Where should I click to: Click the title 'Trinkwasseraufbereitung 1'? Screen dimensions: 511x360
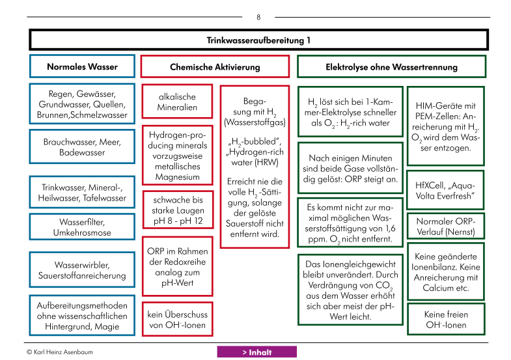[x=258, y=40]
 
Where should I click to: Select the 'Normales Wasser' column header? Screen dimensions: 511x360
[x=82, y=66]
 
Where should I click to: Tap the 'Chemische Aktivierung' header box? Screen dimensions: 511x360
[x=215, y=67]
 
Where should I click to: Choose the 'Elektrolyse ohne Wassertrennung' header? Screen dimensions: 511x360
[x=391, y=67]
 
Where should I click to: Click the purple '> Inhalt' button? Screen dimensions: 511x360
[x=257, y=352]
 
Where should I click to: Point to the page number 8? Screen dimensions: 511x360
[x=258, y=18]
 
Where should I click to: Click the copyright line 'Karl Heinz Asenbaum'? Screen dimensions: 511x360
[x=63, y=352]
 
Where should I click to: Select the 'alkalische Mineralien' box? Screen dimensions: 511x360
[x=177, y=102]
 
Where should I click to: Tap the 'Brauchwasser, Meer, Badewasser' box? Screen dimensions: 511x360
[x=82, y=147]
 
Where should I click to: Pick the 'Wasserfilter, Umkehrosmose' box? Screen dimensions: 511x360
[x=82, y=227]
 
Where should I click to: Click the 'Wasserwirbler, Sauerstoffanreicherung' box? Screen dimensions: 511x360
[x=82, y=270]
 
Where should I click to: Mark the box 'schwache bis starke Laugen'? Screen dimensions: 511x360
[x=178, y=210]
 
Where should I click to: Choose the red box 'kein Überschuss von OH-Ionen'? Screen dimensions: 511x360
[x=177, y=319]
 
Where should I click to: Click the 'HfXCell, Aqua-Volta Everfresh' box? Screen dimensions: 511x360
[x=445, y=191]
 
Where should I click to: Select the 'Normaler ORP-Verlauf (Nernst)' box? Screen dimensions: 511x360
[x=446, y=227]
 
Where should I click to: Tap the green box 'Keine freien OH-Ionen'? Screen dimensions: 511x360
[x=446, y=319]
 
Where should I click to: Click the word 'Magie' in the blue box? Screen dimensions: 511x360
[x=107, y=326]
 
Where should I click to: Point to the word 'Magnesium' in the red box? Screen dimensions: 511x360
[x=177, y=177]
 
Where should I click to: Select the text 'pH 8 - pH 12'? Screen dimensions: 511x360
[x=178, y=221]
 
